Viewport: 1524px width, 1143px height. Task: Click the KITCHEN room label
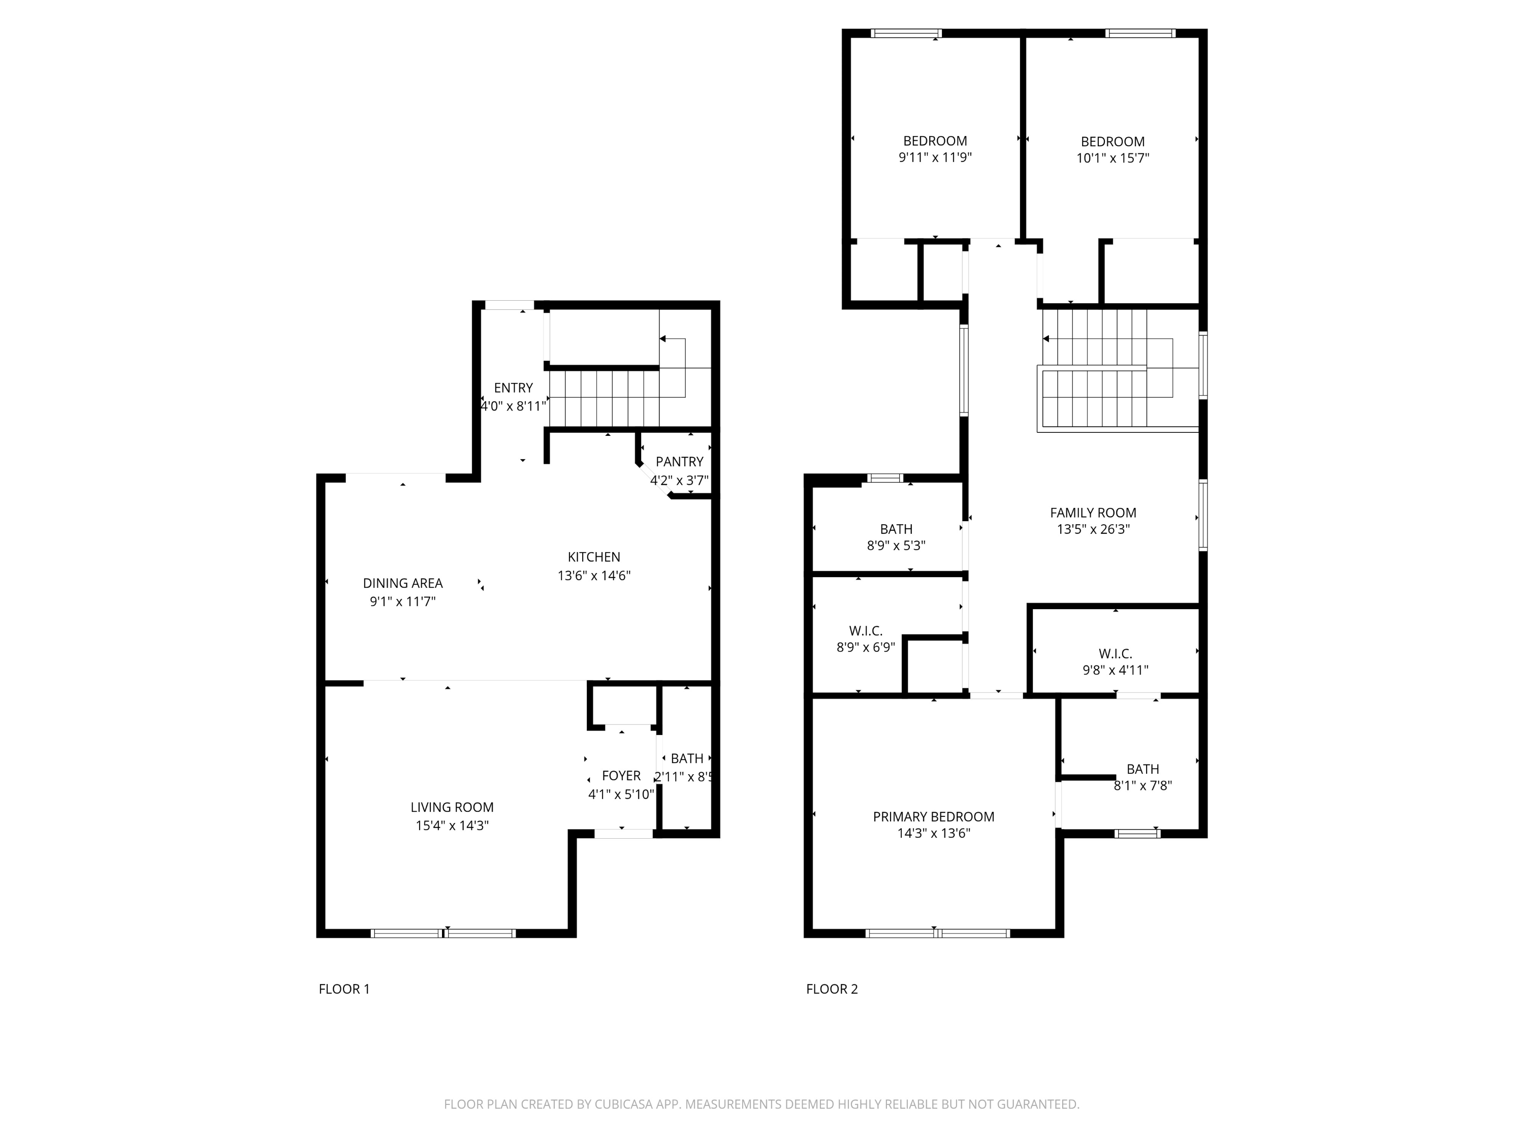coord(593,557)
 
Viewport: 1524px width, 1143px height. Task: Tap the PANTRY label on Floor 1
coord(679,462)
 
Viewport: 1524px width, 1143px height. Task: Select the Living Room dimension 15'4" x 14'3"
coord(452,825)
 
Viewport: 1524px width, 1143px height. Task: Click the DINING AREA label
coord(402,583)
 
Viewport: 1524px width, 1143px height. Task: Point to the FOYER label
coord(621,776)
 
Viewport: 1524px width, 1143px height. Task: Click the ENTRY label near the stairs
coord(513,388)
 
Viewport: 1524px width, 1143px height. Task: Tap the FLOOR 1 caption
coord(344,990)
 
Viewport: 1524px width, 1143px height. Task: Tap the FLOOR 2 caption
coord(832,990)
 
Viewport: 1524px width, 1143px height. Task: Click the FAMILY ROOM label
coord(1093,513)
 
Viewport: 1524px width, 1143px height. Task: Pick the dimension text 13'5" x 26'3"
coord(1093,530)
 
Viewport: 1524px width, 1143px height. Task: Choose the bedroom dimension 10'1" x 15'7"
coord(1113,158)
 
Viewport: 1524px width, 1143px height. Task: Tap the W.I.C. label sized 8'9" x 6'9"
coord(865,630)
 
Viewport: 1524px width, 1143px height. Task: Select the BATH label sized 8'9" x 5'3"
coord(896,529)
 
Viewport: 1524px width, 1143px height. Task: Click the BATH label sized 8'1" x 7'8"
coord(1142,769)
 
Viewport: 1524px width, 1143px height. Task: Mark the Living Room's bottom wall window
coord(443,934)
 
